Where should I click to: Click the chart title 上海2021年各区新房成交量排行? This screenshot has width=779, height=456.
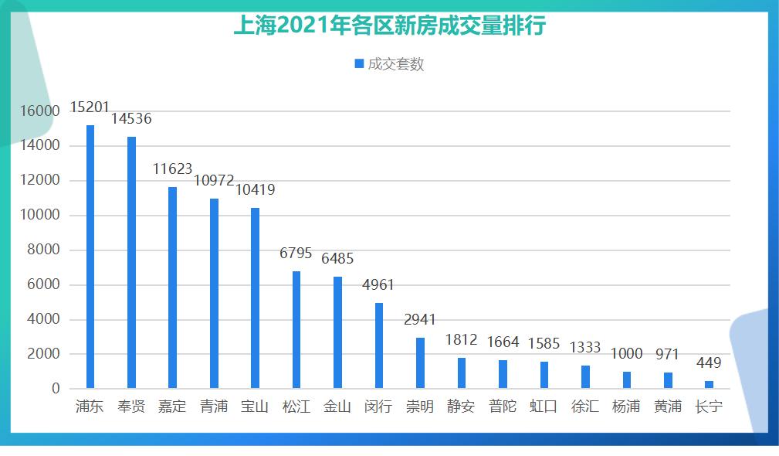(x=389, y=26)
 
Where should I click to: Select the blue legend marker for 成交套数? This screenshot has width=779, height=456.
(x=359, y=64)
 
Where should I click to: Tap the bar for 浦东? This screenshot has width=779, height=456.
(x=90, y=257)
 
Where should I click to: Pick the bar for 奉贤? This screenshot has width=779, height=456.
(x=131, y=263)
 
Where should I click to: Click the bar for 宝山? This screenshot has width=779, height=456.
(x=255, y=298)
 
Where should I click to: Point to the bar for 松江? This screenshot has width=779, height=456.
(x=296, y=330)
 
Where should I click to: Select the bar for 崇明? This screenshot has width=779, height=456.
(x=420, y=363)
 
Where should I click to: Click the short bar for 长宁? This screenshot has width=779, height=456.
(x=709, y=384)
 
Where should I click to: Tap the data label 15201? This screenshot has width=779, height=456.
(x=90, y=107)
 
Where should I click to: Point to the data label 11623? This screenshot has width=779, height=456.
(x=172, y=168)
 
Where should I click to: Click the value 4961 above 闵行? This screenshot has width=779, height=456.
(x=378, y=285)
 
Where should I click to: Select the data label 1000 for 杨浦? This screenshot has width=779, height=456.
(x=626, y=354)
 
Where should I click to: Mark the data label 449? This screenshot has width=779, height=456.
(x=709, y=363)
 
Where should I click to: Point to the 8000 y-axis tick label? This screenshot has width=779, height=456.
(x=44, y=250)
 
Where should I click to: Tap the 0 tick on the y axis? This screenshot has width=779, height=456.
(x=56, y=389)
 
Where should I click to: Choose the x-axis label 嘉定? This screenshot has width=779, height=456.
(x=172, y=407)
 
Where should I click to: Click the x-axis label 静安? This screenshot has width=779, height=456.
(x=461, y=407)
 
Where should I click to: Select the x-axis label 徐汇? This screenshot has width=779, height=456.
(x=584, y=407)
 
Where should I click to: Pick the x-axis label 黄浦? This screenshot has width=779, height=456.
(x=667, y=407)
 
